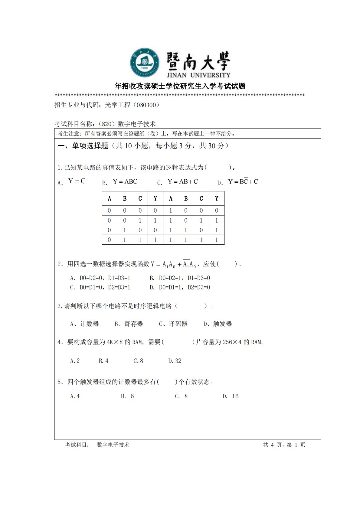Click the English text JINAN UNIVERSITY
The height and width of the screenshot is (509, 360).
198,75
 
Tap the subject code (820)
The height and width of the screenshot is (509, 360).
107,124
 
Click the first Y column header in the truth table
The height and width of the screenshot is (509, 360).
155,198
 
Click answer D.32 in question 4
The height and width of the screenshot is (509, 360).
175,361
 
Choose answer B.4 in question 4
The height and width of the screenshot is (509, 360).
103,361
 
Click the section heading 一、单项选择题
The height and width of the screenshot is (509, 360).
83,146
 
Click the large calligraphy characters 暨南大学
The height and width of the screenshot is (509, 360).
198,61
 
